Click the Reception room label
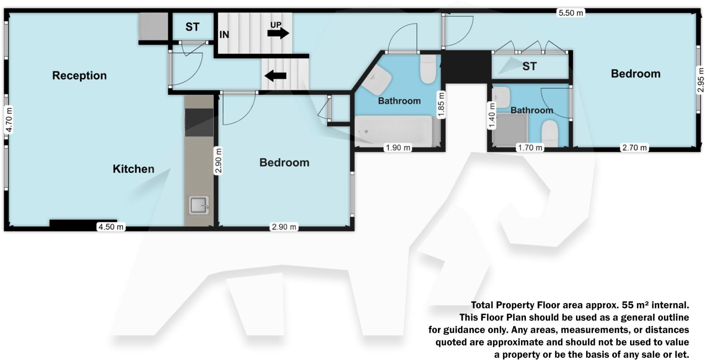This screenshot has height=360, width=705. [79, 76]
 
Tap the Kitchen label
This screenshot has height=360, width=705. [134, 169]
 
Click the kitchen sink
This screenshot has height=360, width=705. [199, 205]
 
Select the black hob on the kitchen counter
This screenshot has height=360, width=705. [199, 122]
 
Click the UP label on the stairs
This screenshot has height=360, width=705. [276, 25]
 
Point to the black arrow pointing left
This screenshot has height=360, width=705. [276, 76]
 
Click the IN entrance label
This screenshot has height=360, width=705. [224, 35]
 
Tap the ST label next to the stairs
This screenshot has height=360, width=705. [193, 27]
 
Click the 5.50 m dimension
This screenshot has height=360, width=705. [571, 13]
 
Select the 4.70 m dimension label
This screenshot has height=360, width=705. [9, 120]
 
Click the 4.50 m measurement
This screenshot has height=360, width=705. [111, 227]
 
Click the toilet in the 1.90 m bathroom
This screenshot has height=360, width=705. [428, 70]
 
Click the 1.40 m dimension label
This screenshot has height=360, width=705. [492, 116]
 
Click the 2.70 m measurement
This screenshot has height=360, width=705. [634, 148]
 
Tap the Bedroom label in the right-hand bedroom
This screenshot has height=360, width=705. [635, 74]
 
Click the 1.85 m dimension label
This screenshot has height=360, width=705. [441, 105]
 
